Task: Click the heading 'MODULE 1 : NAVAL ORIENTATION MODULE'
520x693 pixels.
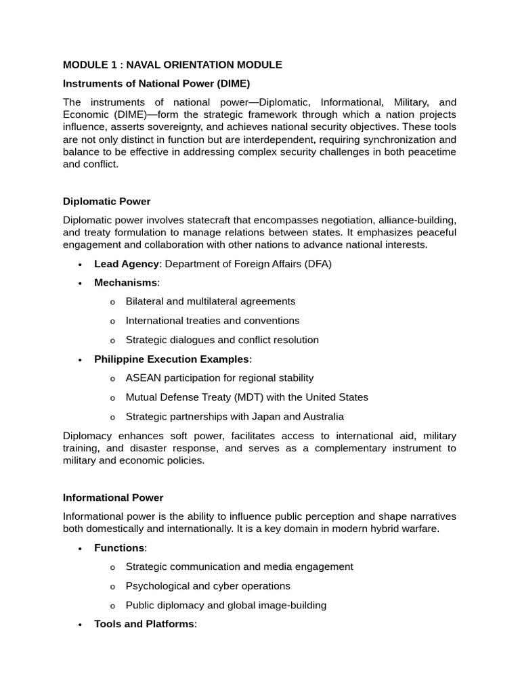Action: (172, 65)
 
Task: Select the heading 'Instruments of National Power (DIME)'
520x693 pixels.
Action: (156, 84)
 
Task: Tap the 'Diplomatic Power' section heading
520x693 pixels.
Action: (106, 202)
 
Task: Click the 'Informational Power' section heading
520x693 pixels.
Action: (113, 497)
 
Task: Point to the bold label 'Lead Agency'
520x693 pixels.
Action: (127, 264)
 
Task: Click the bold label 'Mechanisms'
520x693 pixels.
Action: (125, 283)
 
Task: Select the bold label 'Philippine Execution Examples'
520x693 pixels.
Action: (171, 359)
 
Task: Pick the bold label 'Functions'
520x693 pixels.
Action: (119, 547)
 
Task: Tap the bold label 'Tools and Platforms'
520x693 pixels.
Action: (144, 623)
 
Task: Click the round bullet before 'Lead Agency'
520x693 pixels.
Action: (80, 265)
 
